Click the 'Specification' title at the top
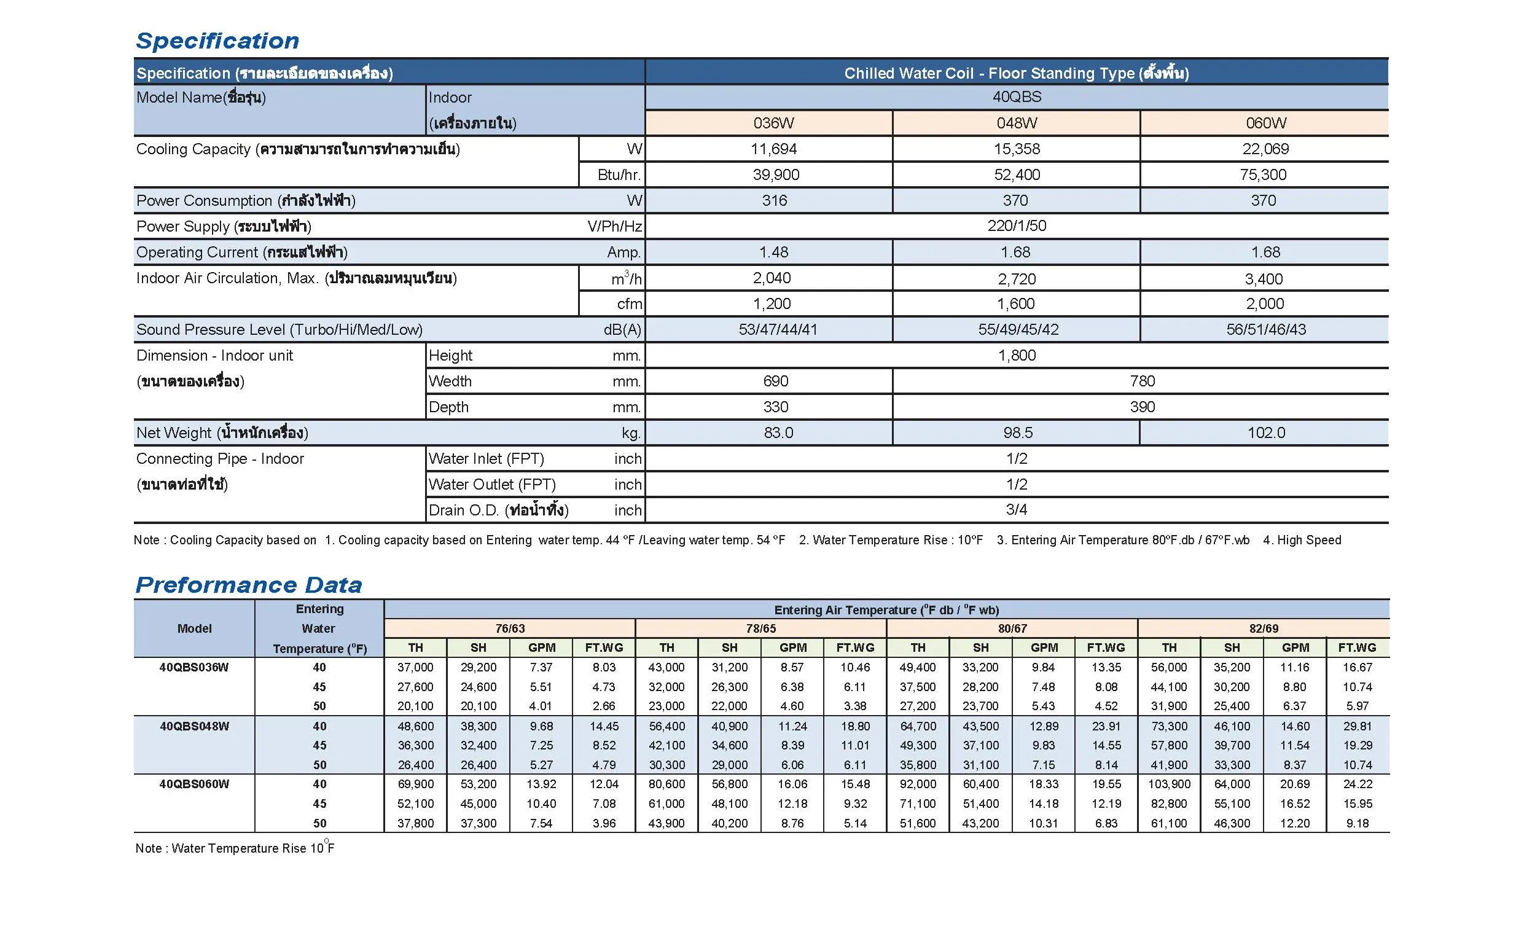(x=217, y=41)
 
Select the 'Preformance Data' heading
(x=249, y=585)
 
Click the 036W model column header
(x=773, y=123)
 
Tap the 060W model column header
(x=1265, y=123)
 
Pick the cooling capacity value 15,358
(x=1016, y=149)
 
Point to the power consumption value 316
(x=774, y=200)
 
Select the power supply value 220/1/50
(x=1016, y=225)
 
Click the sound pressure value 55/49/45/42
(x=1017, y=330)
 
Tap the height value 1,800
(x=1016, y=356)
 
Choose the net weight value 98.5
(x=1017, y=433)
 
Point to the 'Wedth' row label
(x=450, y=381)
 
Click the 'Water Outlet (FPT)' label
(x=491, y=484)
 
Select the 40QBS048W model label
(x=194, y=726)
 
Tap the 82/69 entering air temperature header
(x=1263, y=628)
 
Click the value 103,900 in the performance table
(x=1168, y=784)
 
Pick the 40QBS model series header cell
(x=1016, y=97)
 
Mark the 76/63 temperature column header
(x=510, y=628)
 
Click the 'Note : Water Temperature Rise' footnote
(x=235, y=848)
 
